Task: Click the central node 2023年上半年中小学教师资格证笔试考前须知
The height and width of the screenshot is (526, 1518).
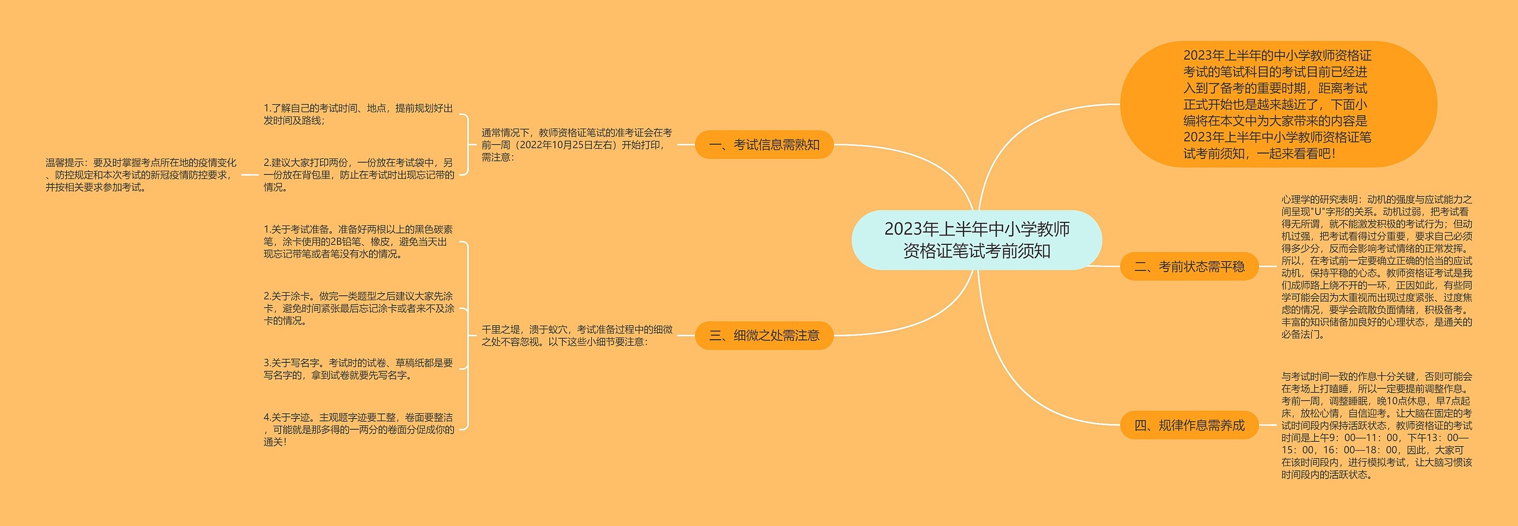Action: (977, 240)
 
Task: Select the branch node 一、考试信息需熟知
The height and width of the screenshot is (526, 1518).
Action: (764, 145)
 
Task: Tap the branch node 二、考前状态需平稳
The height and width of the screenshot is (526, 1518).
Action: (1189, 267)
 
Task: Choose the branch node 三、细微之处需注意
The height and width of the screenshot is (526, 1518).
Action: (764, 336)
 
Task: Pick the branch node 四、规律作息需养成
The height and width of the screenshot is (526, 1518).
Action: (1189, 425)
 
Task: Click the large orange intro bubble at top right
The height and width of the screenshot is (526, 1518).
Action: (1278, 104)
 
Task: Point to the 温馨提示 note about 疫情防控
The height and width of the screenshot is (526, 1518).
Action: (141, 175)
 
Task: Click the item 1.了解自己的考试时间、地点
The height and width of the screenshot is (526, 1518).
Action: (358, 114)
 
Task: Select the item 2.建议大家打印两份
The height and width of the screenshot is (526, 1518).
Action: (359, 175)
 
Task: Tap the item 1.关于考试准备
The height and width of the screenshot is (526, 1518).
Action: (358, 242)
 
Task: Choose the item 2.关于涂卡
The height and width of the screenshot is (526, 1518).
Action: (359, 308)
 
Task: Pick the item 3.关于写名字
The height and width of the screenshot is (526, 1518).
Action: (358, 369)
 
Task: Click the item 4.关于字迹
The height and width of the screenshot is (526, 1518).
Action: (359, 429)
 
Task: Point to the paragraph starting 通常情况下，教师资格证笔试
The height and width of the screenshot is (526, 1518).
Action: (576, 145)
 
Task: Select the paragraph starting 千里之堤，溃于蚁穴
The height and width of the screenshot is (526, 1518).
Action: (576, 336)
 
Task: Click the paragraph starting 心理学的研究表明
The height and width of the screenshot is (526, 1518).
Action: (1376, 267)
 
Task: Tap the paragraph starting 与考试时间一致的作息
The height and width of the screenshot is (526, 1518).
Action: (1376, 425)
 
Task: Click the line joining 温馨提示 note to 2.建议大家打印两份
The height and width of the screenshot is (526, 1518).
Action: (250, 175)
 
